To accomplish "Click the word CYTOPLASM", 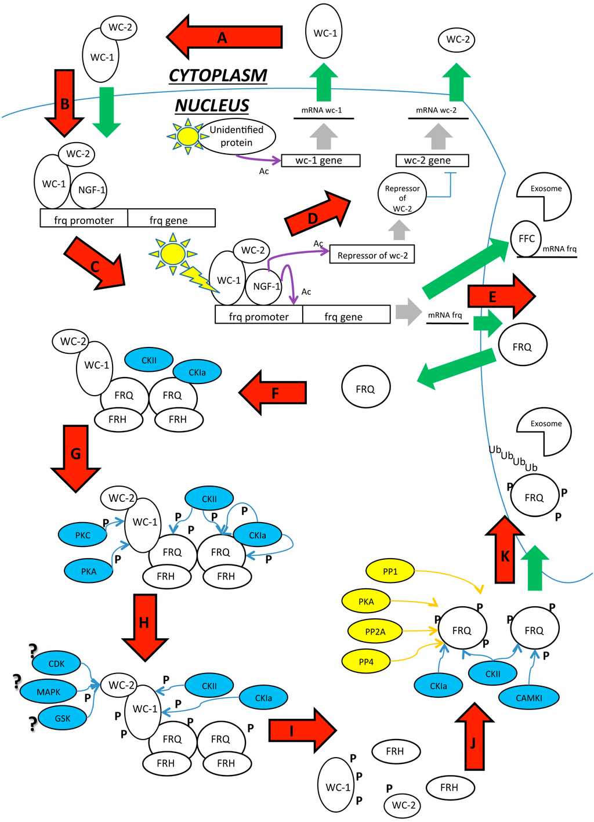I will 218,75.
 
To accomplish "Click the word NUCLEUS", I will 212,106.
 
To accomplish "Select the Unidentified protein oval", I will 236,137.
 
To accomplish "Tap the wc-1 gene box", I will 320,161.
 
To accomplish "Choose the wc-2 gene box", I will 432,161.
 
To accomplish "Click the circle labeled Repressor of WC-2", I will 402,195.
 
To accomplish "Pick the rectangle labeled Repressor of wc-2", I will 372,255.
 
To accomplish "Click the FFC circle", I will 526,238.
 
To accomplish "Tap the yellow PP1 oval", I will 390,571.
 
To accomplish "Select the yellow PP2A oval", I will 375,632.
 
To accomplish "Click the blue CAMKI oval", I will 528,698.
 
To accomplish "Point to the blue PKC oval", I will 83,535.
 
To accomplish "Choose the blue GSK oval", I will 63,718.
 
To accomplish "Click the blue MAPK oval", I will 49,691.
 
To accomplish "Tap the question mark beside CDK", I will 33,651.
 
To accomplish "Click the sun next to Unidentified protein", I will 187,136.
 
